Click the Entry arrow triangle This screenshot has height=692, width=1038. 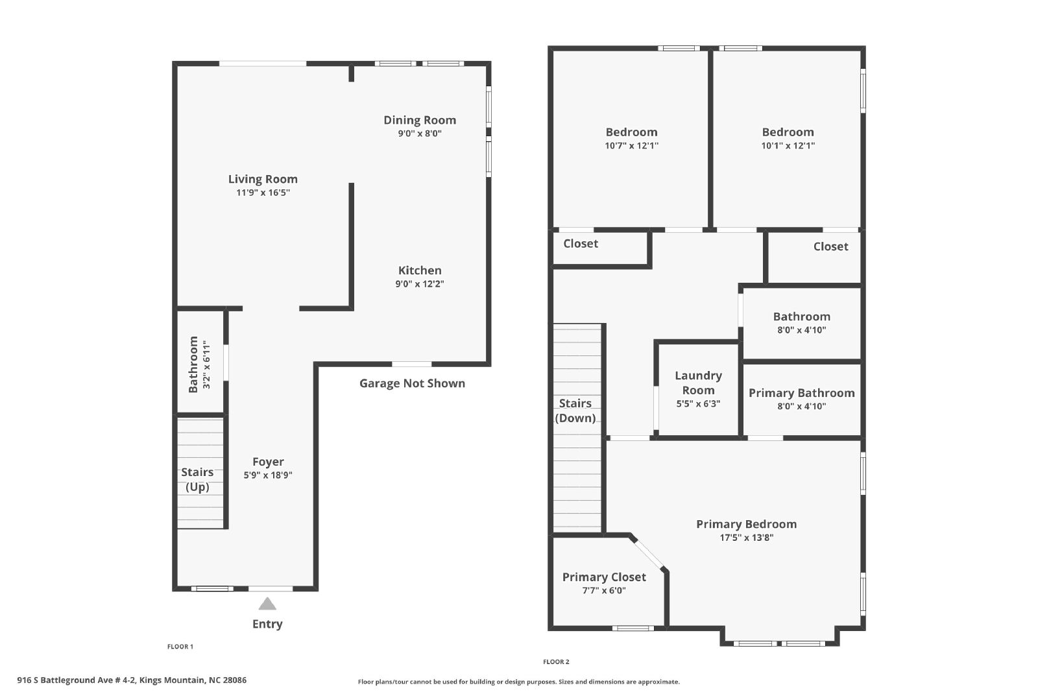[x=267, y=604]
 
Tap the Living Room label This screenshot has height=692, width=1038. [x=263, y=179]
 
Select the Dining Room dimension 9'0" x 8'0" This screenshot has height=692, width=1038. [x=420, y=134]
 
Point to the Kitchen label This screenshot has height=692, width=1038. [x=420, y=270]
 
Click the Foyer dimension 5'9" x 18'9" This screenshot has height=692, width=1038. [x=268, y=475]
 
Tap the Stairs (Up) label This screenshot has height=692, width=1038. [x=197, y=479]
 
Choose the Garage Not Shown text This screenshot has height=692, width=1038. [x=413, y=383]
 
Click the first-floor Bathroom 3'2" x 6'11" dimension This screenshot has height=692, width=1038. [x=207, y=364]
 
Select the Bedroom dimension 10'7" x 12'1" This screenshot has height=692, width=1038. [x=632, y=145]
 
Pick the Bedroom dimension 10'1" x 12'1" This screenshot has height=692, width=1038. [x=788, y=145]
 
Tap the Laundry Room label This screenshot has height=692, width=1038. [x=698, y=383]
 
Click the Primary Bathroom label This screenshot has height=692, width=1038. [x=802, y=393]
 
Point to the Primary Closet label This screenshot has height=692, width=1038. [x=604, y=577]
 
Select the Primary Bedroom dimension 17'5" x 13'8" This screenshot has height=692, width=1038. [x=747, y=537]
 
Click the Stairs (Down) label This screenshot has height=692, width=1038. [x=575, y=411]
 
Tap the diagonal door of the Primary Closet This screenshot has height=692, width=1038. [x=649, y=553]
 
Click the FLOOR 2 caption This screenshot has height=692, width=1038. [x=556, y=662]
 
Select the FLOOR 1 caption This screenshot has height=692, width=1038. [x=180, y=647]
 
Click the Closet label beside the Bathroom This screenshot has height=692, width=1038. [x=831, y=246]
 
